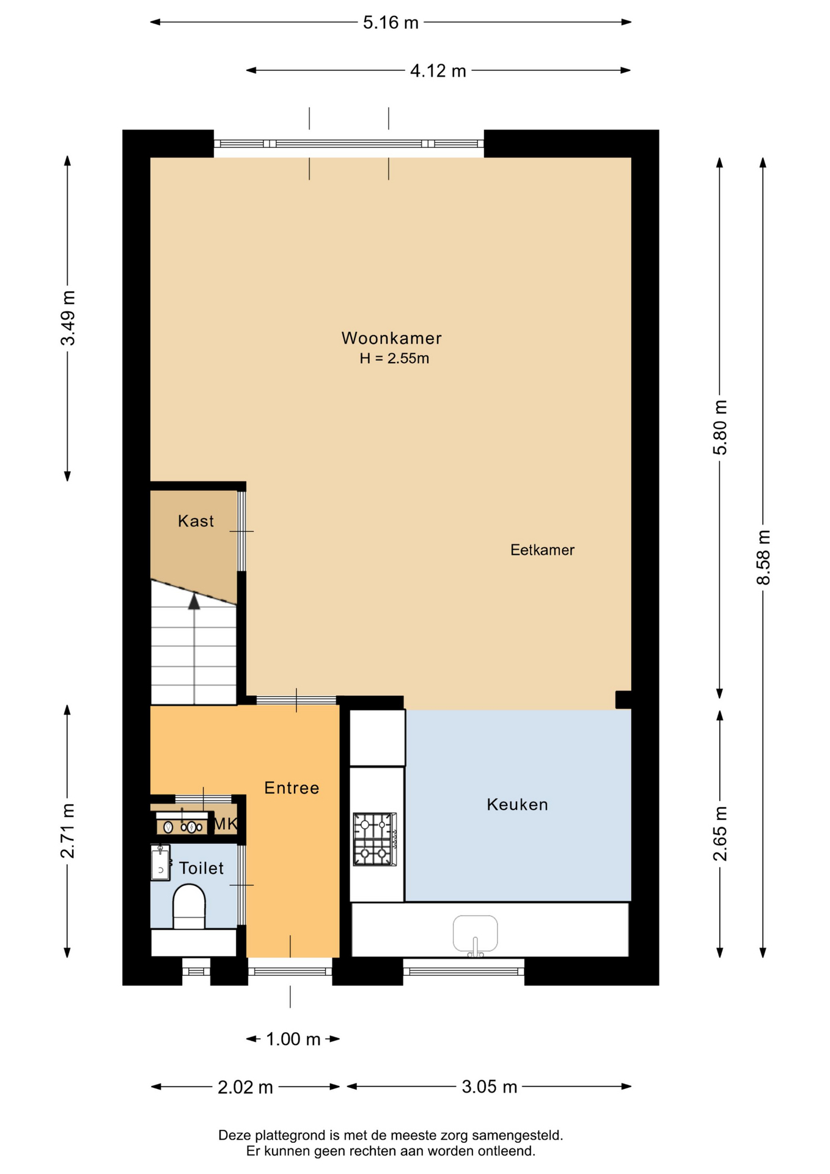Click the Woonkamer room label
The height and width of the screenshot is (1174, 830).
pos(391,338)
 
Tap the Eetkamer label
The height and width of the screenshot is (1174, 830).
pos(542,550)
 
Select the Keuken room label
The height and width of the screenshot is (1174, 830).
pos(517,804)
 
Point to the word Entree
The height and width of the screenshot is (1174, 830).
pos(292,788)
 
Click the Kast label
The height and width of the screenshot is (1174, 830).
pos(196,521)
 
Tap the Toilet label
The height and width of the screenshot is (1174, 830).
pos(201,868)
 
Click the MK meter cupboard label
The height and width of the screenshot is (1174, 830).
pos(225,824)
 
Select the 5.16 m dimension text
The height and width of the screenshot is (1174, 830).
pos(391,23)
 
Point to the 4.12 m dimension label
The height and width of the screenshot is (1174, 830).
pos(438,71)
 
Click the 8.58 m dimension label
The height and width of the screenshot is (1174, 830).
pos(763,557)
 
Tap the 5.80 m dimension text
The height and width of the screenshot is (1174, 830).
pos(720,427)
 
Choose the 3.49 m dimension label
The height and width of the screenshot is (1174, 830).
pos(68,318)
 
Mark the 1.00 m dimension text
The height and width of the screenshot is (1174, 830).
pos(293,1039)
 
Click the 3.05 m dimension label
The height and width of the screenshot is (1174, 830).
pos(489,1087)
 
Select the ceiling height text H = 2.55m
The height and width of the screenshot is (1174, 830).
pos(394,358)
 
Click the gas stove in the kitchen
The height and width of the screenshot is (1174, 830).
pos(375,839)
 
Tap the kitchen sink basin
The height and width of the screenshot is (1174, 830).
pos(475,934)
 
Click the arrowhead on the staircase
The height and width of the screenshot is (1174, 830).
pos(194,602)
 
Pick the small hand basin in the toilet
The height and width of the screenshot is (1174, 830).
pos(160,863)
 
